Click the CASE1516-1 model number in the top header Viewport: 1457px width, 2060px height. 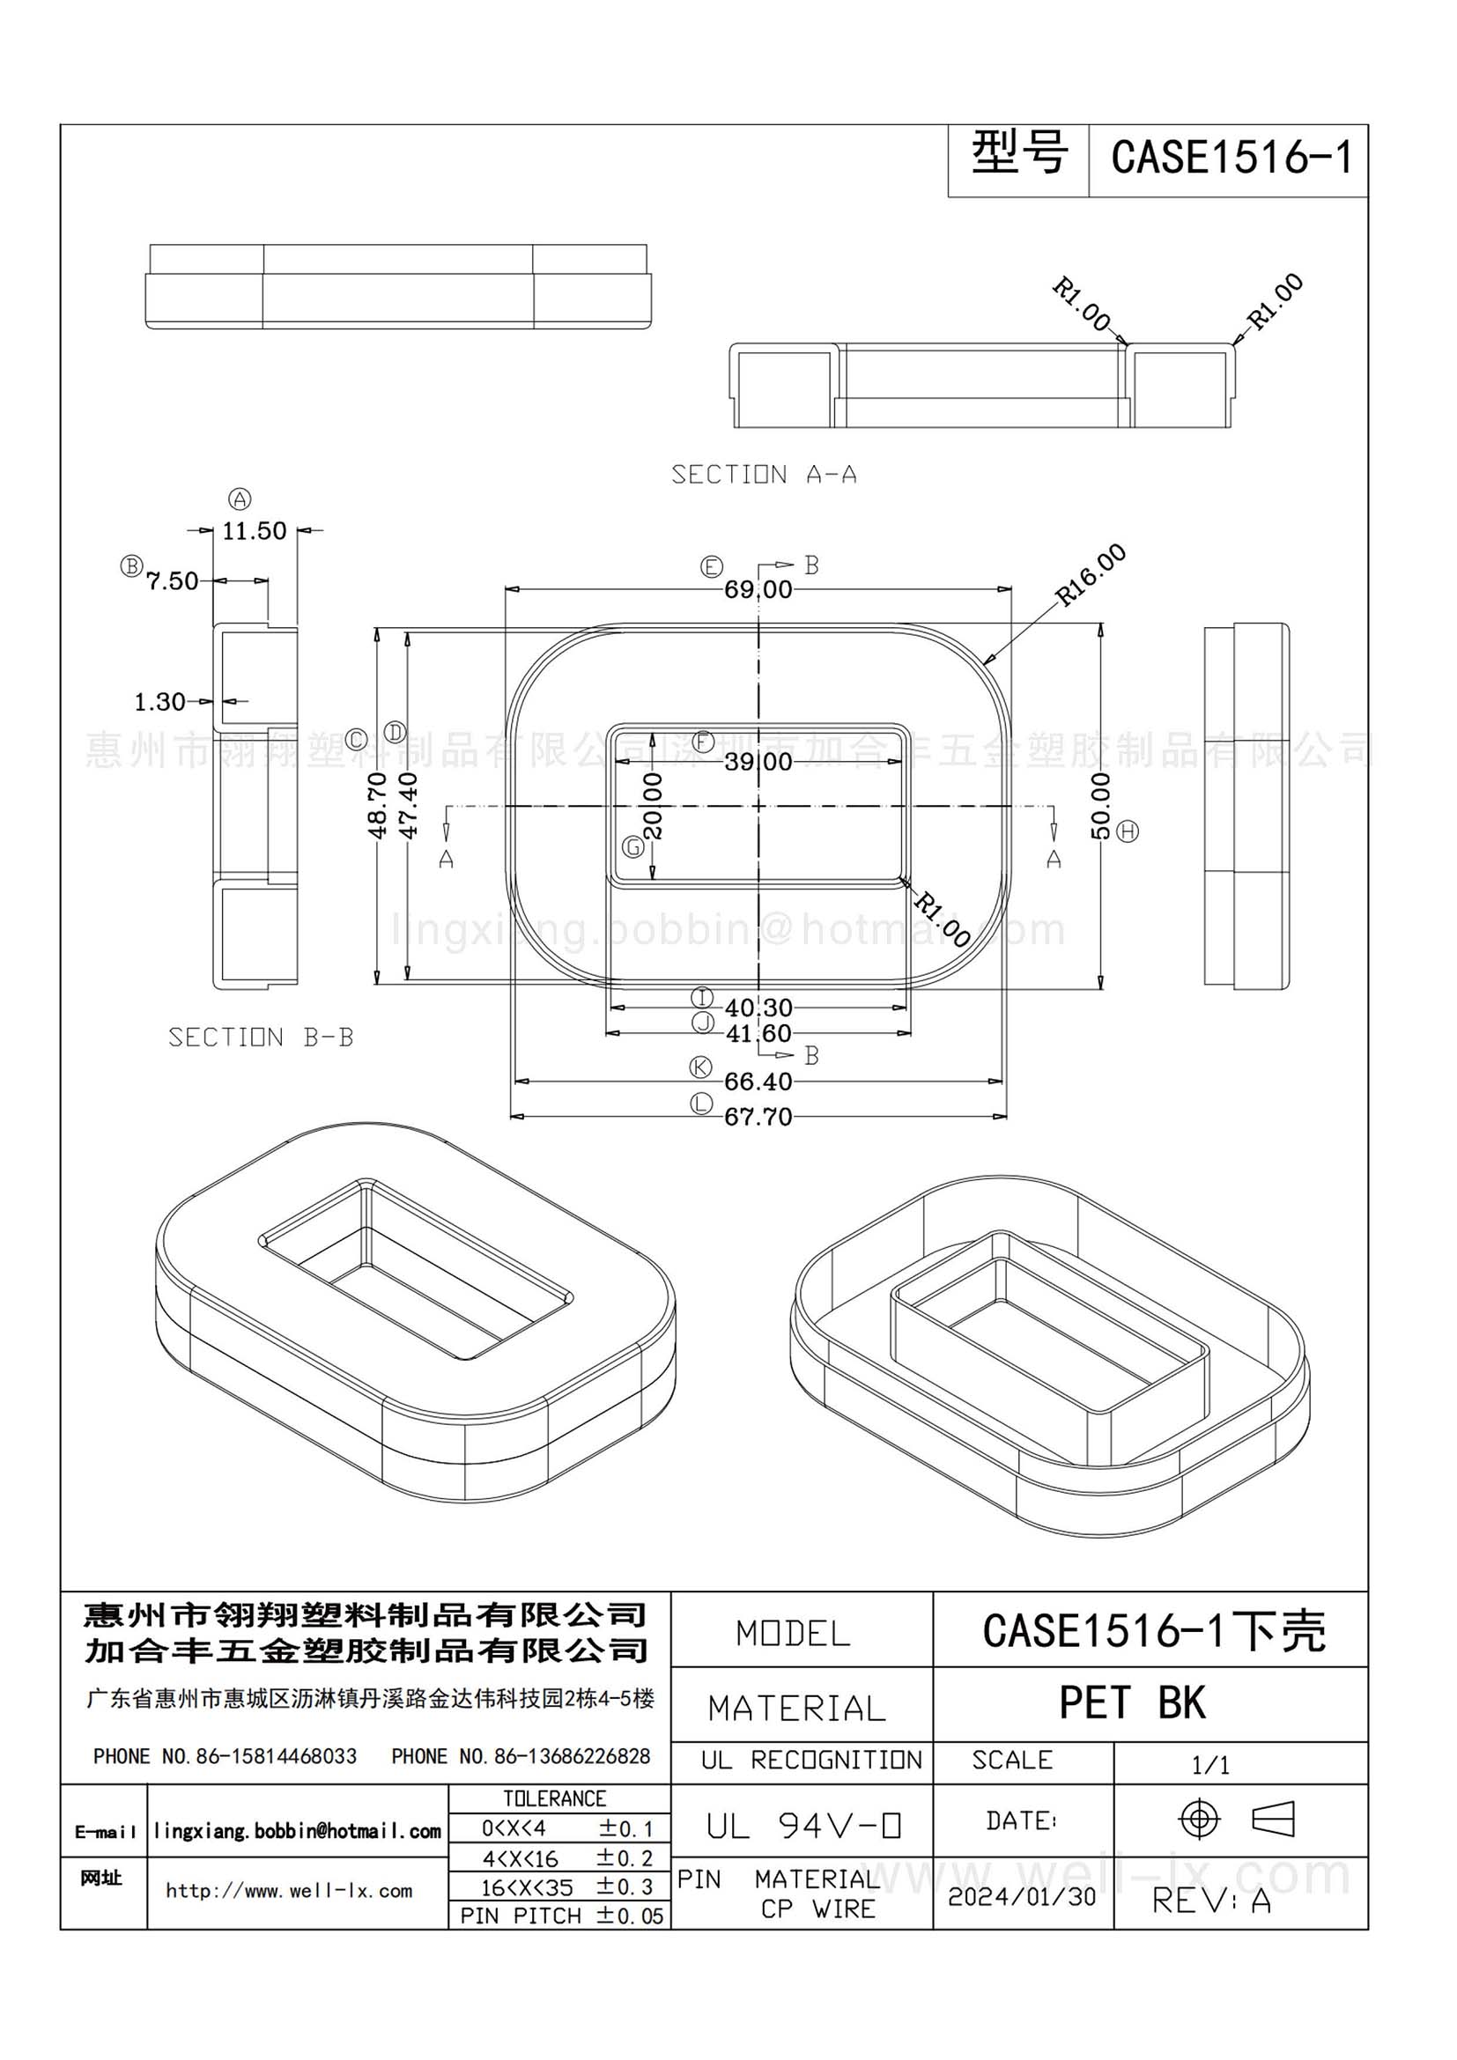click(1231, 157)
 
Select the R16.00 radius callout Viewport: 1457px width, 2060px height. click(1090, 574)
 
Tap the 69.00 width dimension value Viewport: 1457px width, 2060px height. click(759, 589)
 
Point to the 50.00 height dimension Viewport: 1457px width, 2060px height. click(1101, 806)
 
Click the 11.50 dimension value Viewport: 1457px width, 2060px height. click(255, 531)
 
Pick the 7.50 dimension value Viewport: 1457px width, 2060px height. click(173, 581)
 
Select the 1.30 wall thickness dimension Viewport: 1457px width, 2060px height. click(159, 702)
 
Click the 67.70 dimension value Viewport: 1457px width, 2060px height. click(759, 1116)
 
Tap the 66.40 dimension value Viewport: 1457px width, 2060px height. click(759, 1082)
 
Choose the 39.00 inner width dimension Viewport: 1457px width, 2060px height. click(759, 762)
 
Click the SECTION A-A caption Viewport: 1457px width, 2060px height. click(765, 475)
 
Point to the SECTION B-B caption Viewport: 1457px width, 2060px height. click(261, 1037)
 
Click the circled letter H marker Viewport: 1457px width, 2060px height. click(1128, 831)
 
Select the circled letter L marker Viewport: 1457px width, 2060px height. click(701, 1104)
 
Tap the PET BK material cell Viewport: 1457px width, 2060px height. click(1132, 1702)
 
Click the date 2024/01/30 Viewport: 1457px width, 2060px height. click(1022, 1896)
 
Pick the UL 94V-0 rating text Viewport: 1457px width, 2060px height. click(803, 1826)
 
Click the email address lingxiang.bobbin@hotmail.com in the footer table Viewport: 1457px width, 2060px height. click(297, 1831)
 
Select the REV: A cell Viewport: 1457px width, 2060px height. click(1211, 1900)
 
